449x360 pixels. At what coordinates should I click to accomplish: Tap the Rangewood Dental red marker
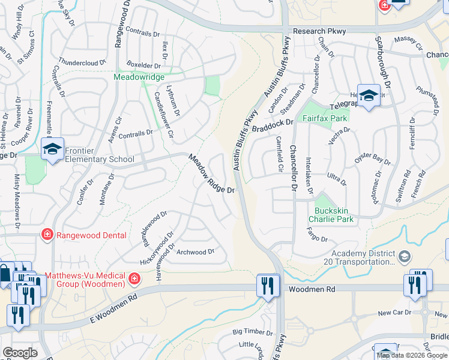point(46,235)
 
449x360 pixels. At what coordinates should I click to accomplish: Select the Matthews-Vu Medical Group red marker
point(135,278)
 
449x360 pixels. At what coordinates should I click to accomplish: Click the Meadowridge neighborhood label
point(139,77)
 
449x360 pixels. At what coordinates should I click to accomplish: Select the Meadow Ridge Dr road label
point(211,174)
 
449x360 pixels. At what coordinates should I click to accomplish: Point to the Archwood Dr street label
point(196,252)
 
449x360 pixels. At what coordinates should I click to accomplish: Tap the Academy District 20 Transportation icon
point(405,257)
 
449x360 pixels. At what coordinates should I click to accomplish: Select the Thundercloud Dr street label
point(83,61)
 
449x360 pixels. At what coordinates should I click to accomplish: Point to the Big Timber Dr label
point(249,331)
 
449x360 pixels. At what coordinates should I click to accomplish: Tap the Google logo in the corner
point(20,353)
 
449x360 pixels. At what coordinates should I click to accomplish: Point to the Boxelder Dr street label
point(143,65)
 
